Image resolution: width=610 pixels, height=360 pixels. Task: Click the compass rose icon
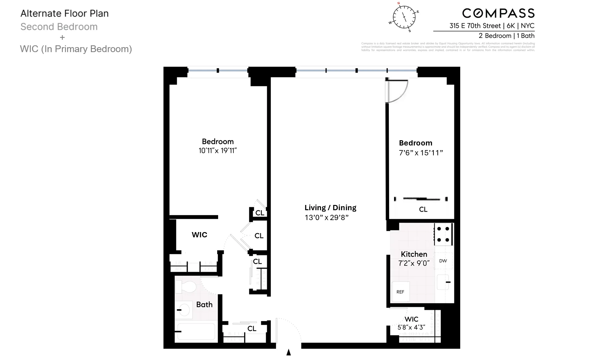pyautogui.click(x=404, y=17)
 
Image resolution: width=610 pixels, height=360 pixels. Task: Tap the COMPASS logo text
pyautogui.click(x=498, y=13)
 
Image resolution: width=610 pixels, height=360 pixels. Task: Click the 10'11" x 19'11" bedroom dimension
pyautogui.click(x=218, y=151)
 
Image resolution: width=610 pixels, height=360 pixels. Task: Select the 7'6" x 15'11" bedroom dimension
pyautogui.click(x=421, y=153)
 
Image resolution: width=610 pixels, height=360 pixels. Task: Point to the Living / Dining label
pyautogui.click(x=330, y=208)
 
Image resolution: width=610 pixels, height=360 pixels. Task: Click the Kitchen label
pyautogui.click(x=414, y=254)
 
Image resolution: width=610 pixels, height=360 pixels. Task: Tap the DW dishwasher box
pyautogui.click(x=443, y=261)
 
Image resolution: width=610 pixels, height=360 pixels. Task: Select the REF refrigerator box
pyautogui.click(x=400, y=292)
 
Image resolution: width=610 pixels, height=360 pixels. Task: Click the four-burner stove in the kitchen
pyautogui.click(x=443, y=235)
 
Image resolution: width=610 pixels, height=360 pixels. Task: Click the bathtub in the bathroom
pyautogui.click(x=196, y=332)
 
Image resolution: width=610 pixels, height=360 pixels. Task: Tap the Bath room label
pyautogui.click(x=204, y=305)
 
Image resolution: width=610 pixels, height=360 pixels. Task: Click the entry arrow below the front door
pyautogui.click(x=289, y=352)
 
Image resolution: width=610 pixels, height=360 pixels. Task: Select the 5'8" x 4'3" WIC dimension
pyautogui.click(x=411, y=328)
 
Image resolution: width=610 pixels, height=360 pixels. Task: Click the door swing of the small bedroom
pyautogui.click(x=397, y=91)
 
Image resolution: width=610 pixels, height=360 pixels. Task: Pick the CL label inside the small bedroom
pyautogui.click(x=423, y=210)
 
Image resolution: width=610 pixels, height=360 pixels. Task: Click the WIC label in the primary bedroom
pyautogui.click(x=199, y=235)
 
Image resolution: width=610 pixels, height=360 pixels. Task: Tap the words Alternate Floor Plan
pyautogui.click(x=64, y=14)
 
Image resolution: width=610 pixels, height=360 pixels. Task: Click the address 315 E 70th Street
pyautogui.click(x=475, y=26)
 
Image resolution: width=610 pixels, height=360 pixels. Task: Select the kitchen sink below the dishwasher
pyautogui.click(x=443, y=282)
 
